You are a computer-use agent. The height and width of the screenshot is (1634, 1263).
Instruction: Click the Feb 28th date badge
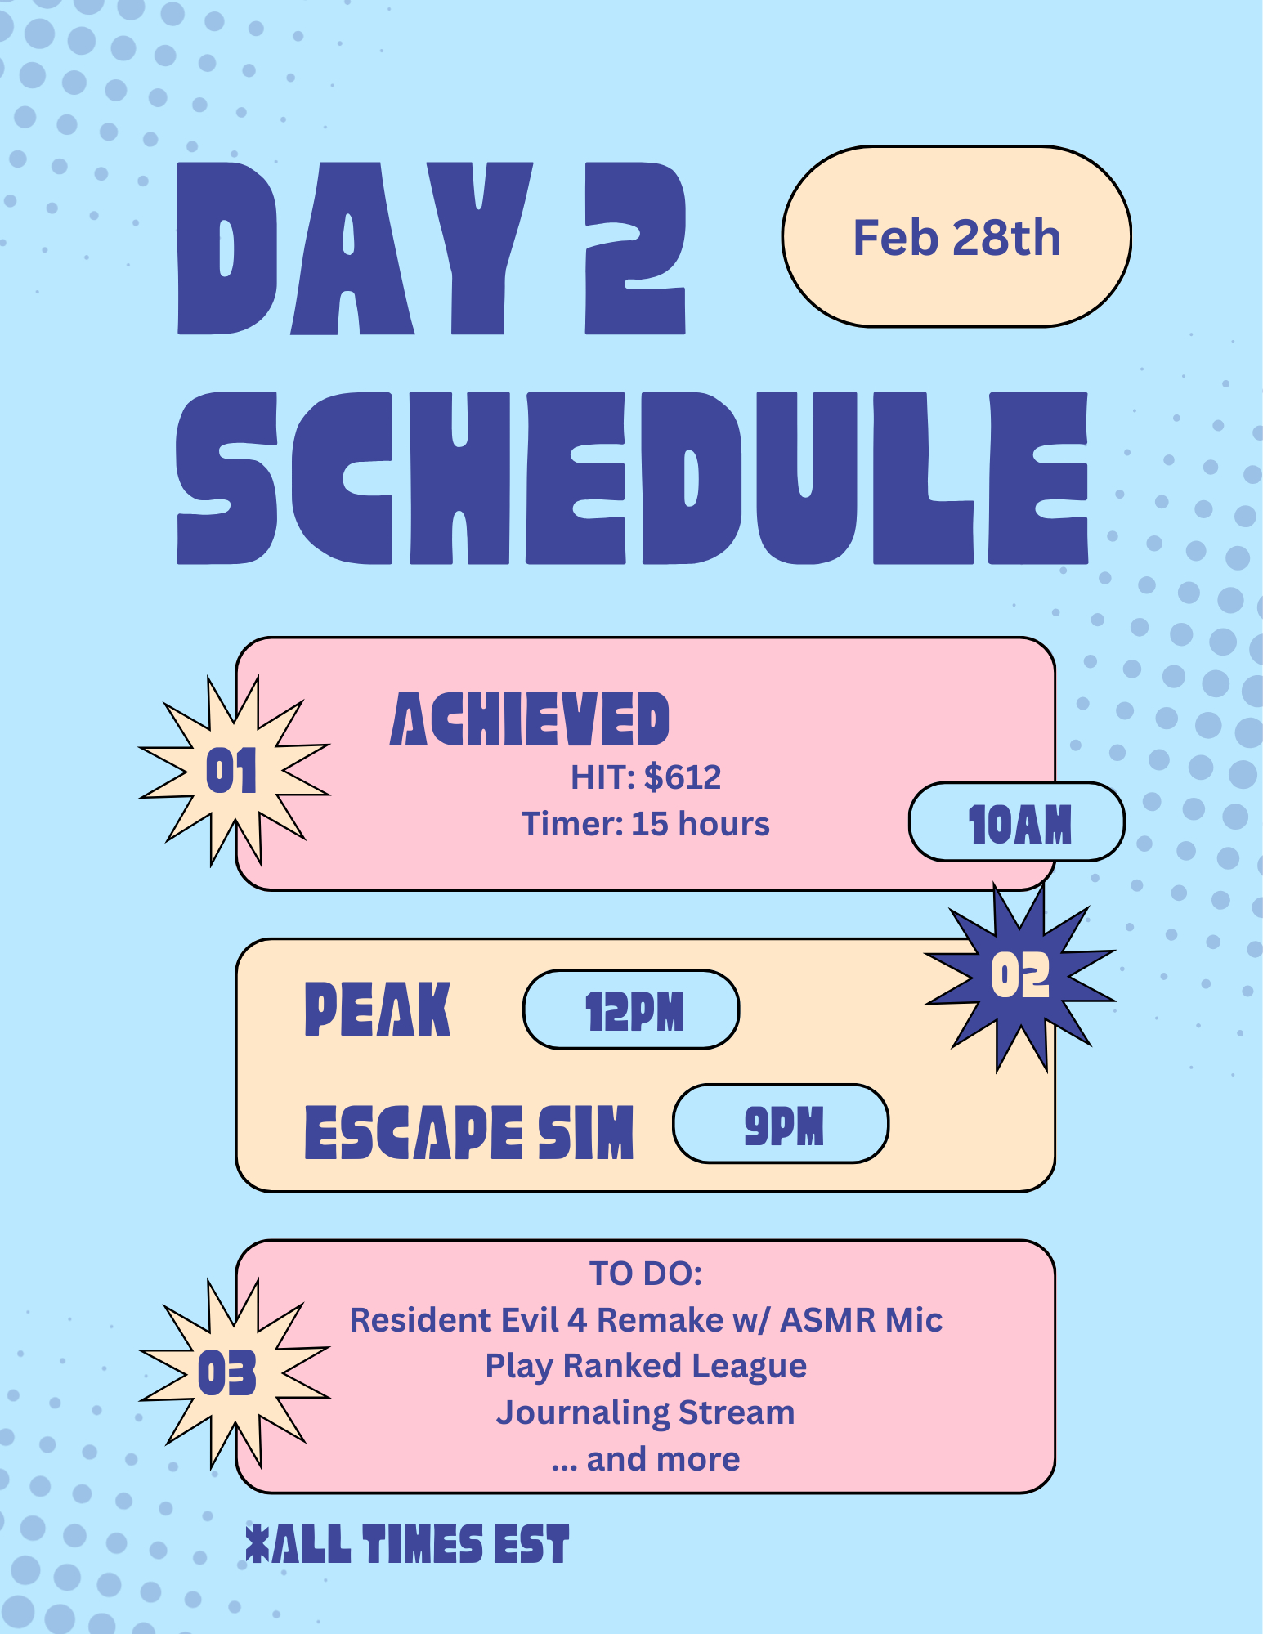coord(956,237)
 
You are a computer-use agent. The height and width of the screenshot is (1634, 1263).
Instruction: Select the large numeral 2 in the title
coord(635,248)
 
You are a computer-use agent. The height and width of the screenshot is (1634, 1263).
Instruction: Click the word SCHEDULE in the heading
coord(632,478)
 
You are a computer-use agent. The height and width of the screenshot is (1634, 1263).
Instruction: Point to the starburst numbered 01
coord(233,771)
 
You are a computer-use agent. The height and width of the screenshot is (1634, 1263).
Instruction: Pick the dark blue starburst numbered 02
coord(1020,976)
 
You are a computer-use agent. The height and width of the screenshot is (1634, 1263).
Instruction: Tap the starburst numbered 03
coord(233,1373)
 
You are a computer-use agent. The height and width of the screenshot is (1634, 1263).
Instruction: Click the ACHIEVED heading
coord(530,719)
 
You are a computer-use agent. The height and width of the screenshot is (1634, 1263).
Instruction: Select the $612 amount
coord(683,777)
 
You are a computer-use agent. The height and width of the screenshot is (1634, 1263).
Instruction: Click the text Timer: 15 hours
coord(646,824)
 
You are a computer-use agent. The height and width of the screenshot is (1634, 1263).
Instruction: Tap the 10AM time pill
coord(1017,822)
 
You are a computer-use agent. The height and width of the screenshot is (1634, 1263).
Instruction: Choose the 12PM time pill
coord(631,1010)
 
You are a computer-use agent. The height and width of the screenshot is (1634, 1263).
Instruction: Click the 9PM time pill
coord(781,1124)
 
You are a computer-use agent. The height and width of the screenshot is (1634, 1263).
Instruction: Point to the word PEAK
coord(377,1009)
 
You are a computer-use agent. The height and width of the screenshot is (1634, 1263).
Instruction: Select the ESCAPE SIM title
coord(469,1132)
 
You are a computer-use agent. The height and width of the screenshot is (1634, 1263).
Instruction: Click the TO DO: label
coord(646,1274)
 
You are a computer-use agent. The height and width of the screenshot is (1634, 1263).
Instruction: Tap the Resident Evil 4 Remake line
coord(646,1320)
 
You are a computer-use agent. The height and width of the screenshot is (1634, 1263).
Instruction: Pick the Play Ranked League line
coord(646,1367)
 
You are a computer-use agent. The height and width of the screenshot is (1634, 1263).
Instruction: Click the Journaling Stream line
coord(646,1413)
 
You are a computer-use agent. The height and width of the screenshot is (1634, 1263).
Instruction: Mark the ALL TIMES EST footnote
coord(407,1544)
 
